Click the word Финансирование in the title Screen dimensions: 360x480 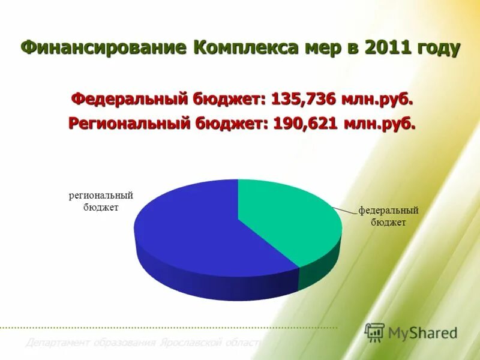point(104,48)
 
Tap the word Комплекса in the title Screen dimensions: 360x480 point(243,48)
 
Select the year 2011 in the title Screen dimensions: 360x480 point(383,48)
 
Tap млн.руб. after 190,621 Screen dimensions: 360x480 point(379,124)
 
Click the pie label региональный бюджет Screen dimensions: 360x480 point(101,202)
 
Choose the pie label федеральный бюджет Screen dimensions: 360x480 point(388,216)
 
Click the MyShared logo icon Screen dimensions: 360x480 point(374,332)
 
